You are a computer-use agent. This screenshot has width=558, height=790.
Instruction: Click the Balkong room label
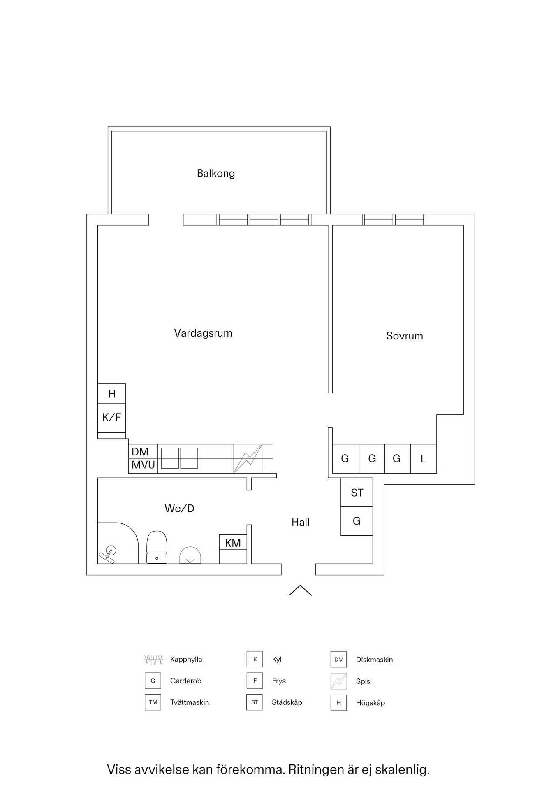point(216,174)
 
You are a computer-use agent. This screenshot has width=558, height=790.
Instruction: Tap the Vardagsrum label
point(203,333)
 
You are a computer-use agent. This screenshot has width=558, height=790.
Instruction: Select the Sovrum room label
point(405,336)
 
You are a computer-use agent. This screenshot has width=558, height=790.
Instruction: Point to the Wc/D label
point(179,509)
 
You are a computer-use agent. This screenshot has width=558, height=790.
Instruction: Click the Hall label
point(301,523)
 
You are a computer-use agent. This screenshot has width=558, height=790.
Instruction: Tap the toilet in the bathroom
point(157,547)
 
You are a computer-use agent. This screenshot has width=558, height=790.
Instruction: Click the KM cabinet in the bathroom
point(233,549)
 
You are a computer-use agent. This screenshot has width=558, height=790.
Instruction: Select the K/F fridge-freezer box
point(111,418)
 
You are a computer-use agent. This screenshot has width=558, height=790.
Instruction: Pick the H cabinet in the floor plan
point(111,394)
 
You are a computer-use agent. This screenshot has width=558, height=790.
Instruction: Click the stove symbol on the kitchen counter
point(248,459)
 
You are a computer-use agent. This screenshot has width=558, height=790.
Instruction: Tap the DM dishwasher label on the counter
point(140,452)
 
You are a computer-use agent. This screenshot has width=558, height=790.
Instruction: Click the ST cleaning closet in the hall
point(357,492)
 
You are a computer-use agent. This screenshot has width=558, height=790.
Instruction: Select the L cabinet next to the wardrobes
point(424,459)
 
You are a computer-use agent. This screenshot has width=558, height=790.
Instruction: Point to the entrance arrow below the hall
point(300,590)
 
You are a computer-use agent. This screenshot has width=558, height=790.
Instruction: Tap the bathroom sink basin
point(190,555)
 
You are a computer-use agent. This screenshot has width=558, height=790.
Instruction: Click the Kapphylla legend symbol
point(153,660)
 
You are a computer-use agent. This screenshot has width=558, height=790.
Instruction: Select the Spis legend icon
point(339,681)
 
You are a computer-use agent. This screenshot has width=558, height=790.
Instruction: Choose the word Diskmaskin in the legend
point(375,660)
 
